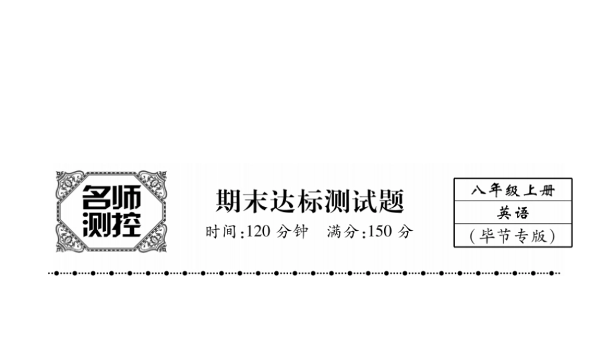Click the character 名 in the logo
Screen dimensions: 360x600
point(96,196)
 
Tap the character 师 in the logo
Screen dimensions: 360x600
point(125,196)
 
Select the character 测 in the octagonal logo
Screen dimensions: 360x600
point(96,224)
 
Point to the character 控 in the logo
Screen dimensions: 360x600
point(125,224)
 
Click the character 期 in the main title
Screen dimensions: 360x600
point(229,201)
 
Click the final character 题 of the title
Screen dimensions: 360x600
point(392,201)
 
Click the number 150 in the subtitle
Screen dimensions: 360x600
point(379,232)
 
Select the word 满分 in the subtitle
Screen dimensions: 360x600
point(343,232)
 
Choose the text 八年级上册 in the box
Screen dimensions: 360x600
point(513,191)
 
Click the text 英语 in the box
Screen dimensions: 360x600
point(513,213)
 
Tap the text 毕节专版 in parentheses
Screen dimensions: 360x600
point(513,236)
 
